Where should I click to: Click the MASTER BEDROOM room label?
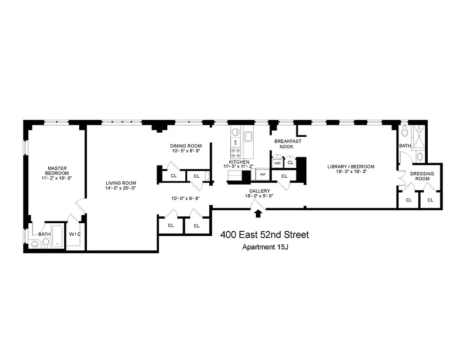58,171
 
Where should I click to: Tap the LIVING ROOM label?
121,183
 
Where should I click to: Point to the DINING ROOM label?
185,146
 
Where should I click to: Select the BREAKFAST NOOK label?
288,144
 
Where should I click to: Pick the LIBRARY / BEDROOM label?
350,166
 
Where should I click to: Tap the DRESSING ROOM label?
422,176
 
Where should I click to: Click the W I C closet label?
74,234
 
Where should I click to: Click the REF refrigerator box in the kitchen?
262,173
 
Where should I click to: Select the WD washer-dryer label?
277,162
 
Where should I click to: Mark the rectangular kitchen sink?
249,136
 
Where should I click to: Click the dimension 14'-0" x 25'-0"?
121,188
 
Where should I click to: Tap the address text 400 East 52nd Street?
264,235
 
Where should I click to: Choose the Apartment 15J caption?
265,247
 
